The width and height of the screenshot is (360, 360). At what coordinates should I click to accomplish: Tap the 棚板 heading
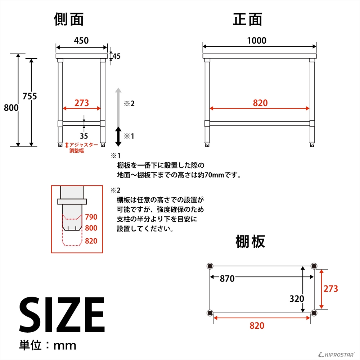(250, 241)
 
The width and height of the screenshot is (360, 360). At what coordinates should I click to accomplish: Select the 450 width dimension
(81, 41)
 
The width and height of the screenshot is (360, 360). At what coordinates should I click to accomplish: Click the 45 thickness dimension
(116, 56)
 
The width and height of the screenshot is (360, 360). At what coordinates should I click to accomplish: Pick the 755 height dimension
(30, 96)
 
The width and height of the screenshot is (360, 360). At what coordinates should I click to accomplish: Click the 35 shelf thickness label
(84, 136)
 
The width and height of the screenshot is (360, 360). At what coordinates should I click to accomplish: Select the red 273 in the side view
(82, 103)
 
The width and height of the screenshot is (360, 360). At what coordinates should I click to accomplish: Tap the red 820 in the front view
(260, 103)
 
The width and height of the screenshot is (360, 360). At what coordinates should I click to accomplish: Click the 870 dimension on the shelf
(227, 279)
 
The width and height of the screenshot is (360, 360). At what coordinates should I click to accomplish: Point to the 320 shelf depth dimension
(297, 298)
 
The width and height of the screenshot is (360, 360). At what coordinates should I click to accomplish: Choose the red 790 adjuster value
(91, 217)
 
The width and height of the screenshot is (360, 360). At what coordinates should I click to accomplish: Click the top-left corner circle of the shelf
(210, 266)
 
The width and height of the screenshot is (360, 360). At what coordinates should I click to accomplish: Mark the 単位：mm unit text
(48, 346)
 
